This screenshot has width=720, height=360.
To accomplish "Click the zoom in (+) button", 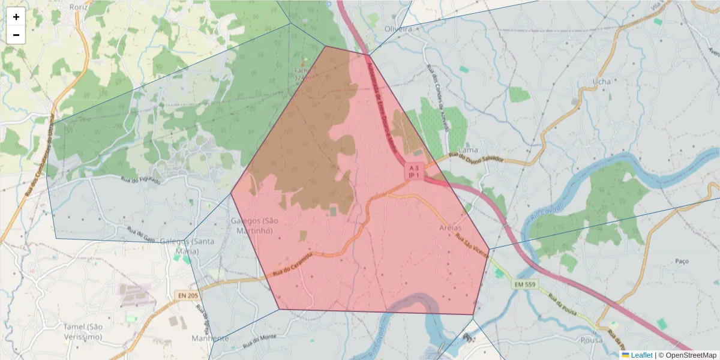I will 16,17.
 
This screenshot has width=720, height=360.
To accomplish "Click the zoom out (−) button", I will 16,35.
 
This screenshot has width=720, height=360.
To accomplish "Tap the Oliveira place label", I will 398,28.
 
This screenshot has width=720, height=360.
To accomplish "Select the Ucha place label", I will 601,81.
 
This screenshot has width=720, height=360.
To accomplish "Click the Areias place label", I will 451,228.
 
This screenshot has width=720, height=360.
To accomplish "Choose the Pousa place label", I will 591,340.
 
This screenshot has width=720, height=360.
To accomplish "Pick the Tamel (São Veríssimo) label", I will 83,331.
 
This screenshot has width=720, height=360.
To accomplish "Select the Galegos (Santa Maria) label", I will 187,246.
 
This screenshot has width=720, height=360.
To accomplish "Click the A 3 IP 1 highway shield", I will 414,171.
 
